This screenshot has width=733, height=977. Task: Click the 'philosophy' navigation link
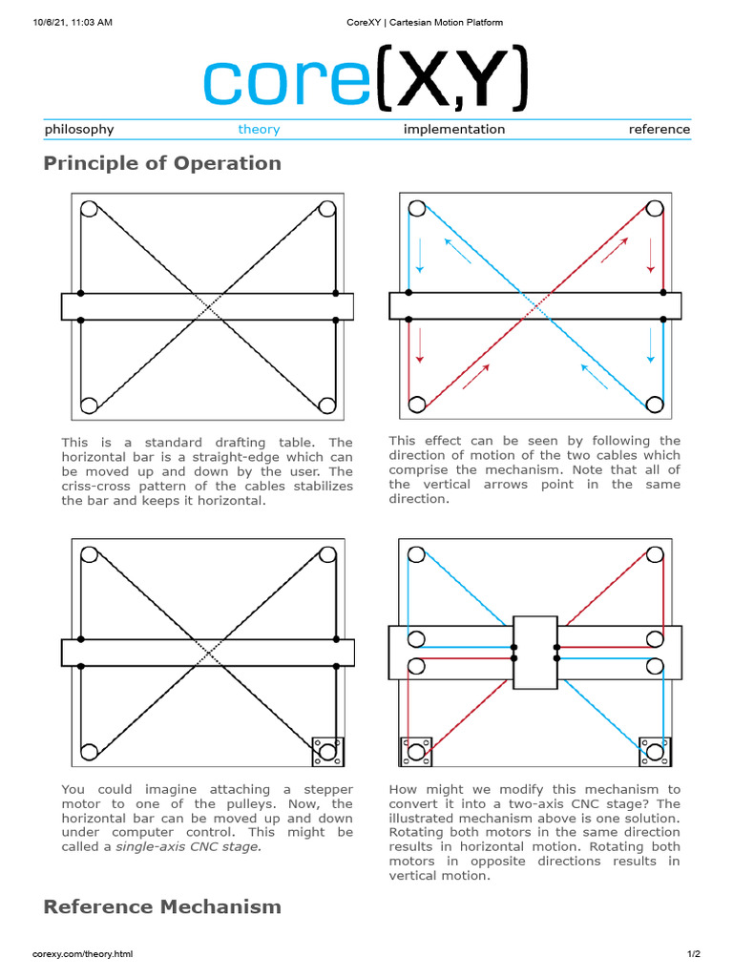tap(79, 130)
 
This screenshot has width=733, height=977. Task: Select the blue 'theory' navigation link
tap(259, 130)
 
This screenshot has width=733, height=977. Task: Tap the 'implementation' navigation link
tap(454, 130)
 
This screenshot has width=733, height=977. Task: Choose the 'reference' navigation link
tap(659, 130)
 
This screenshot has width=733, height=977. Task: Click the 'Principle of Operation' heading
tap(162, 163)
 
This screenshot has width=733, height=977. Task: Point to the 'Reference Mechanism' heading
tap(162, 906)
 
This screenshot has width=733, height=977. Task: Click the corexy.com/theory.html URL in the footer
tap(83, 954)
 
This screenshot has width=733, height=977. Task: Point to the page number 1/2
tap(694, 954)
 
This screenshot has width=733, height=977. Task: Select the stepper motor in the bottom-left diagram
tap(328, 753)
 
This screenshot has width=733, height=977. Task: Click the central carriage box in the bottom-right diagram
tap(534, 652)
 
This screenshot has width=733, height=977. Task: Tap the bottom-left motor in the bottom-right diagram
tap(416, 752)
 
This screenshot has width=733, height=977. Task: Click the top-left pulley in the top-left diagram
tap(90, 209)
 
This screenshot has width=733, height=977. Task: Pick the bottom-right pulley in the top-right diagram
tap(654, 405)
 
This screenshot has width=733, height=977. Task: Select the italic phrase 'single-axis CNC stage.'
tap(187, 846)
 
